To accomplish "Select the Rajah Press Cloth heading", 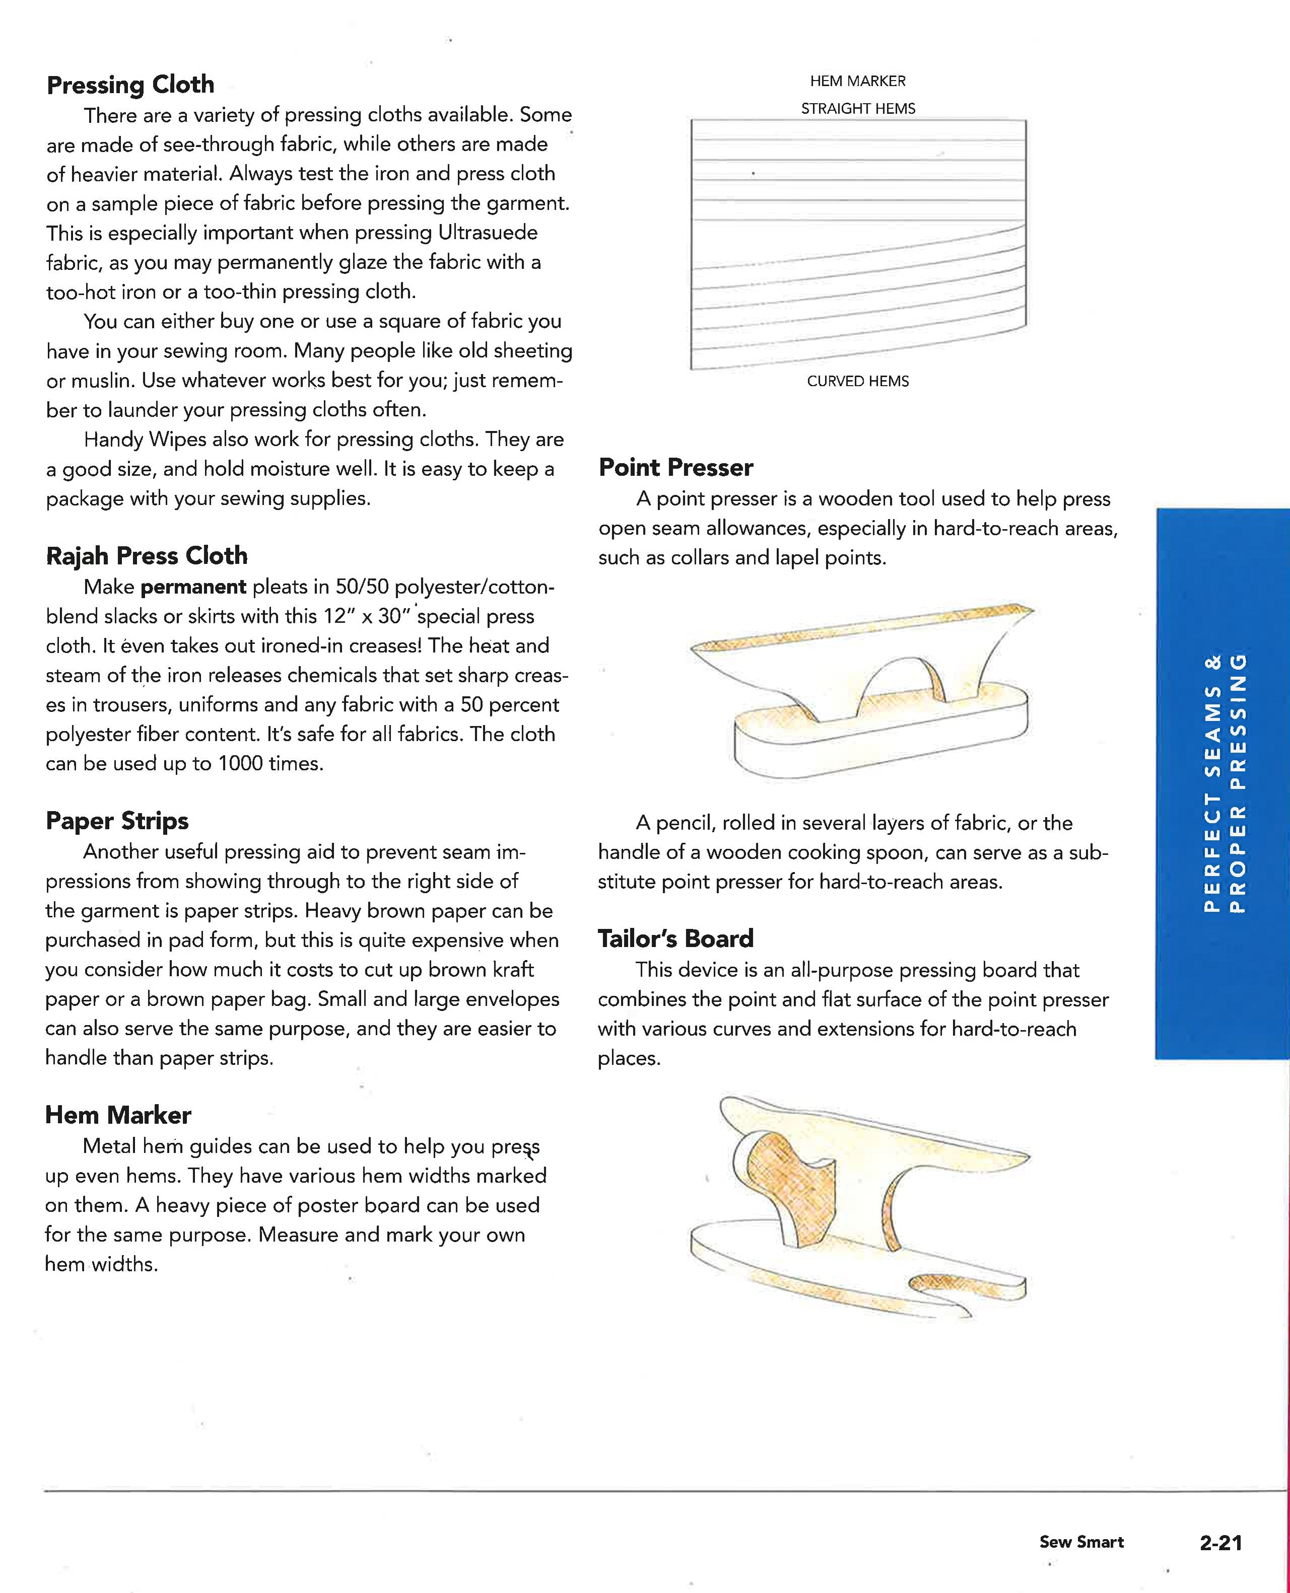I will [147, 556].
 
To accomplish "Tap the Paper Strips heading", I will [117, 821].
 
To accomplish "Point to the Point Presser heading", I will [676, 467].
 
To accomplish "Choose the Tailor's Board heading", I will [676, 939].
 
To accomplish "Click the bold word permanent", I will [193, 587].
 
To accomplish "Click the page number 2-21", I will [1220, 1543].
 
